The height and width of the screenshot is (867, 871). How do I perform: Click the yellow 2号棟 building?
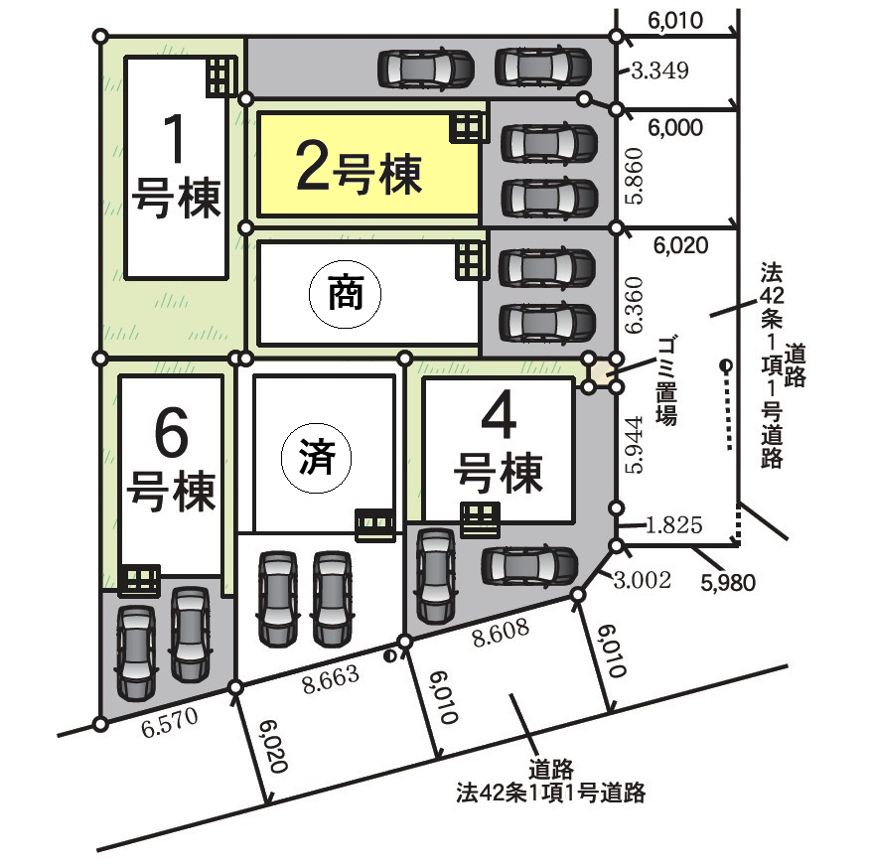[x=368, y=164]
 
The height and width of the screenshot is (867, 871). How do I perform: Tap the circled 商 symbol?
[x=345, y=293]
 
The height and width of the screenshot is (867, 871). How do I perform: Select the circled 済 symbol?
[x=317, y=458]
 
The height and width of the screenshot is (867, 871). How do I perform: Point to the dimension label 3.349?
[x=659, y=71]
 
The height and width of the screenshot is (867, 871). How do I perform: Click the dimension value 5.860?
[x=635, y=176]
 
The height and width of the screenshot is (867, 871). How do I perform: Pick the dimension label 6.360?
[x=635, y=305]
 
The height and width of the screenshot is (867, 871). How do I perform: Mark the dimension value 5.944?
[x=635, y=444]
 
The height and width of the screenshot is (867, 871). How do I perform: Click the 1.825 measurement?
[x=674, y=524]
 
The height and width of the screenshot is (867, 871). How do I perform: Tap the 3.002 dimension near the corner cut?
[x=643, y=580]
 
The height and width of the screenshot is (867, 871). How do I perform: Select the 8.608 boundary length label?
[x=501, y=634]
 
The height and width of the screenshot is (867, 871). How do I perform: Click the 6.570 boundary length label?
[x=170, y=723]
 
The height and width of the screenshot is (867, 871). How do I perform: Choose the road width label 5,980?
[x=728, y=583]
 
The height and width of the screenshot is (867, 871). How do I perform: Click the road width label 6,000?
[x=675, y=128]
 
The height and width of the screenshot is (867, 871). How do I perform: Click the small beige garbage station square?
[x=603, y=372]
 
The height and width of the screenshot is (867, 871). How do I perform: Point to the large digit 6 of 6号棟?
[x=171, y=432]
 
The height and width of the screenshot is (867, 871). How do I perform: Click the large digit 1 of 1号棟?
[x=174, y=138]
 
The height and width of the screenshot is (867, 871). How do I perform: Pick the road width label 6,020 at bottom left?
[x=273, y=746]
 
